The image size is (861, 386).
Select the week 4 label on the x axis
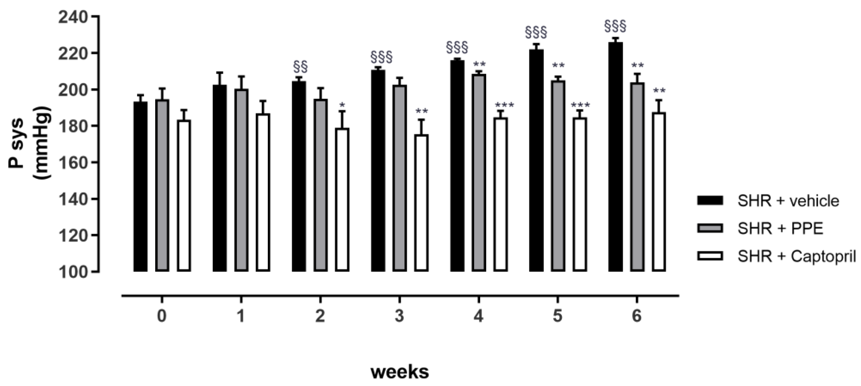point(479,316)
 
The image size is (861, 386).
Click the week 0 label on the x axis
point(162,316)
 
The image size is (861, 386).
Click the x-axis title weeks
point(400,372)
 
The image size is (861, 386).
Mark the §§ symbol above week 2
point(300,67)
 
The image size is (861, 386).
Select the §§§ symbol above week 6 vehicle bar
point(615,26)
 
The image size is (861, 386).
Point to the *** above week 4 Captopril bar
point(504,106)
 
